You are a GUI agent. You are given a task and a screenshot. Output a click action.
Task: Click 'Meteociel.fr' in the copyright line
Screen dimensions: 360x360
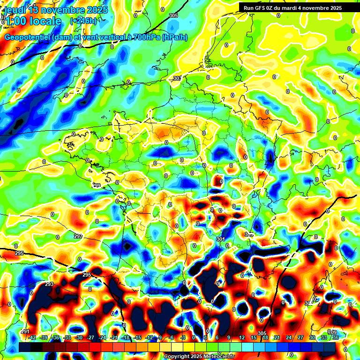pos(217,356)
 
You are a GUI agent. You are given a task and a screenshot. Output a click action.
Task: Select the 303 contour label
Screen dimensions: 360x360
pos(177,78)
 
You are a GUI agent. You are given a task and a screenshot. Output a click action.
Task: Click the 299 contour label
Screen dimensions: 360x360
pos(97,186)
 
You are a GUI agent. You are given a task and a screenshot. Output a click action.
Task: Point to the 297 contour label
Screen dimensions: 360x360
pos(78,236)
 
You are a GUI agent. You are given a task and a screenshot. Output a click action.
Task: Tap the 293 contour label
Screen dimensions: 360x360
pos(49,285)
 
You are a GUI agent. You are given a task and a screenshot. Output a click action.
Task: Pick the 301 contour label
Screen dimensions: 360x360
pos(221,240)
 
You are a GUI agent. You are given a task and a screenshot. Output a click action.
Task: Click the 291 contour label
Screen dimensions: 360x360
pos(25,331)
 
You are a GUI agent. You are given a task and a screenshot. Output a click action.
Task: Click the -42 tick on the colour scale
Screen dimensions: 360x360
pos(32,337)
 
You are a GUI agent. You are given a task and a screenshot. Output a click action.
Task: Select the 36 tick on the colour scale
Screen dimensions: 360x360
pos(335,337)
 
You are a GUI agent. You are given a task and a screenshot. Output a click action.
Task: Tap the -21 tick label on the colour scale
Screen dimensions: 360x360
pos(114,337)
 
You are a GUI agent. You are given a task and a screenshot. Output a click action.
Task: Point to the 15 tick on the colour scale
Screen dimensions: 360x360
pos(254,337)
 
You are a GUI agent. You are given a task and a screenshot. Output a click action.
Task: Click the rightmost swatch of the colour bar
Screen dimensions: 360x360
pos(330,347)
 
